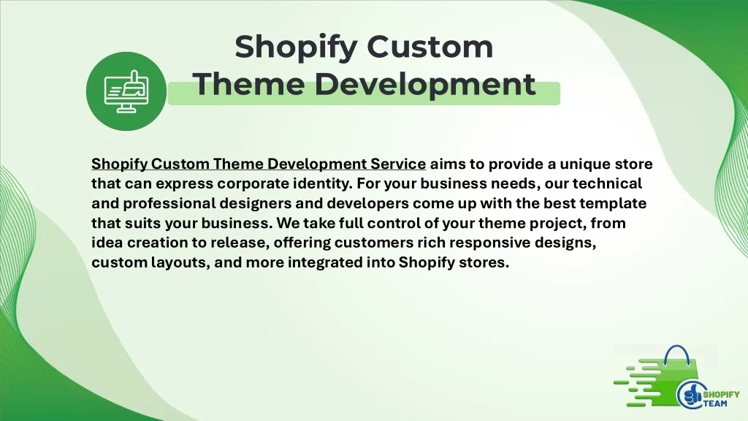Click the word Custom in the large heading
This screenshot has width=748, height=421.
click(430, 47)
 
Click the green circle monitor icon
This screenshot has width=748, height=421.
click(126, 91)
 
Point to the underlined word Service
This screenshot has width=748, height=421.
click(398, 164)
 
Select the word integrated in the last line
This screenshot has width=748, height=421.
click(325, 262)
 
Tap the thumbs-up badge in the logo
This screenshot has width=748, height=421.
click(690, 395)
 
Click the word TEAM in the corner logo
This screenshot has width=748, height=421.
click(716, 403)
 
